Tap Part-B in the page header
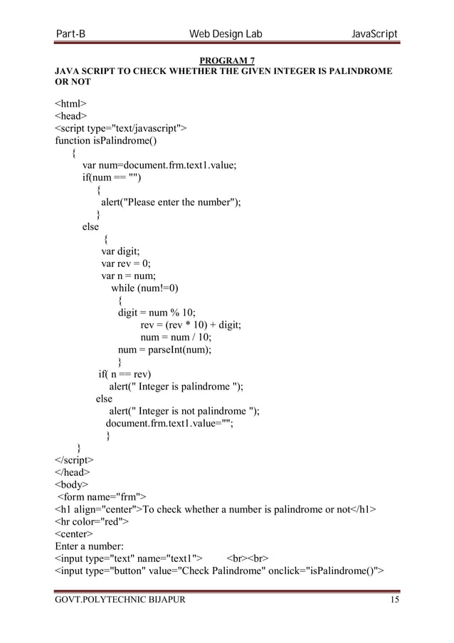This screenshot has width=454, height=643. [71, 35]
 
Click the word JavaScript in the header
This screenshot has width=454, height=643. [367, 35]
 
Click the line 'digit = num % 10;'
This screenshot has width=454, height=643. [157, 313]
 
